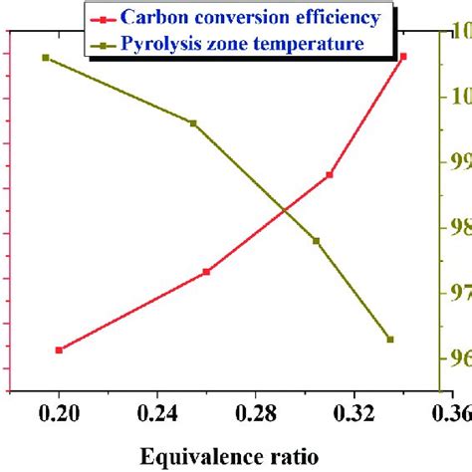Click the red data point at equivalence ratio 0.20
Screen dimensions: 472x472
click(60, 350)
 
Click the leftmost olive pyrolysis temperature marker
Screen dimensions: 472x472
click(46, 58)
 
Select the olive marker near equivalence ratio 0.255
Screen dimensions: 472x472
click(193, 123)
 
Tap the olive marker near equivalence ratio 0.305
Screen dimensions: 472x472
click(317, 241)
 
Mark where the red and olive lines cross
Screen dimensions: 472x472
click(286, 210)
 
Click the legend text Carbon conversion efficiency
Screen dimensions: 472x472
click(249, 18)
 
